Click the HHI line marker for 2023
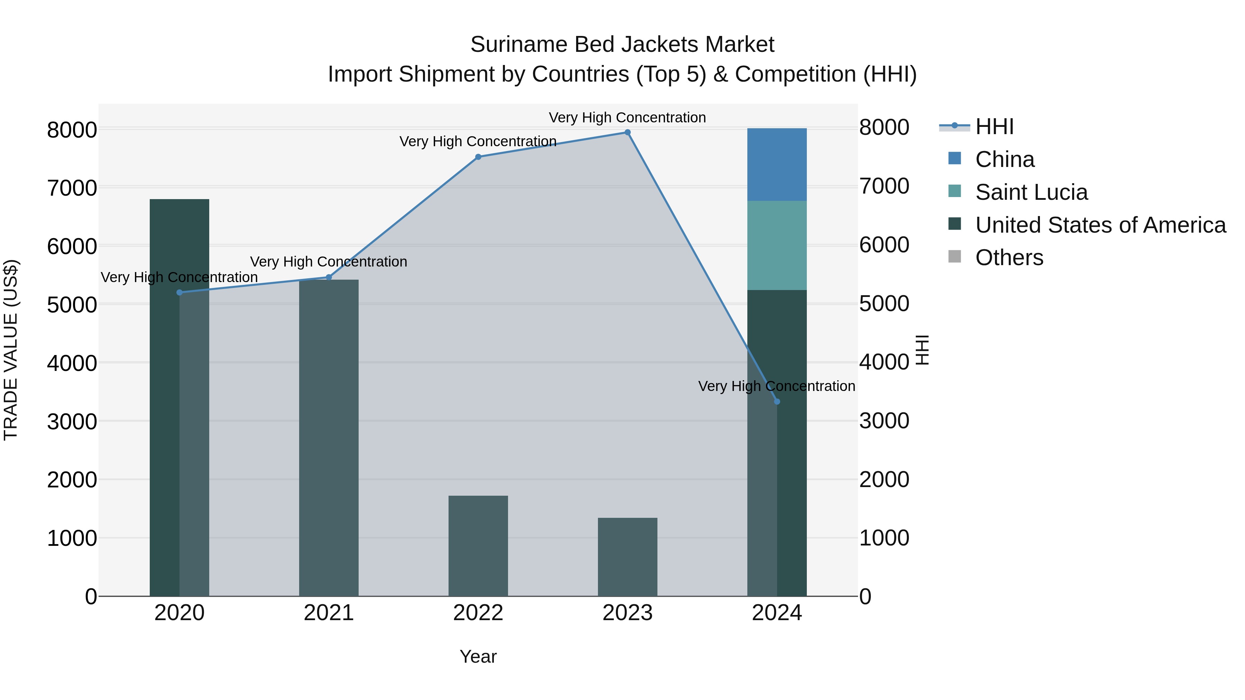point(627,132)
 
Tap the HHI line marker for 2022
point(478,157)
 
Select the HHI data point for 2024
point(777,401)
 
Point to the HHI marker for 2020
point(179,292)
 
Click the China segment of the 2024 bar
point(777,164)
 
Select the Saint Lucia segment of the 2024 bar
point(777,245)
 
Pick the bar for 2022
point(478,546)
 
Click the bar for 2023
point(627,557)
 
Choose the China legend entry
point(1004,159)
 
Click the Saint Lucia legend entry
point(1031,192)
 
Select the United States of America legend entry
point(1100,225)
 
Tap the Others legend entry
point(1009,258)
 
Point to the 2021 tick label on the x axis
point(329,613)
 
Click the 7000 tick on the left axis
point(72,187)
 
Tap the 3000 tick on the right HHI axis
point(884,421)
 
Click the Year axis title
point(478,656)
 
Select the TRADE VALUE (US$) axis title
point(11,350)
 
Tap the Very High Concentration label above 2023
point(627,118)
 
